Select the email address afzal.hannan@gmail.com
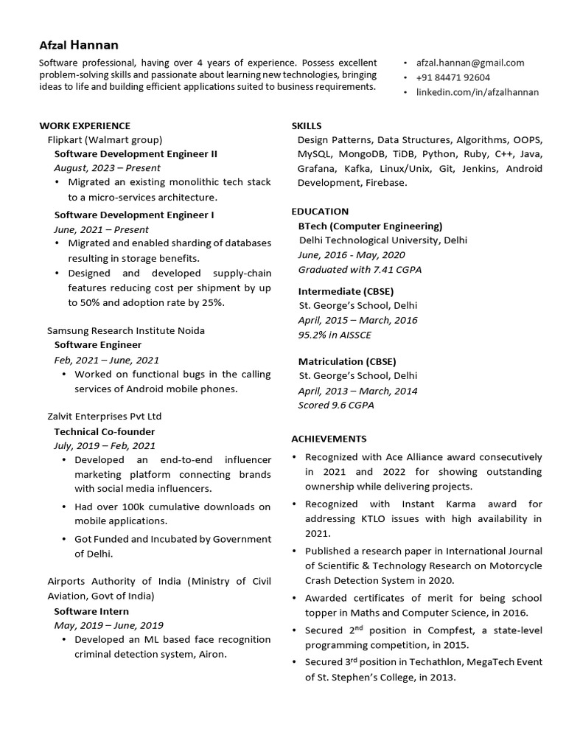click(x=470, y=63)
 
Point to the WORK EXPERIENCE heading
click(x=85, y=125)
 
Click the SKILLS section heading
click(x=307, y=125)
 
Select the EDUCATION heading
click(x=320, y=212)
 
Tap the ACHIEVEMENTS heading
click(x=329, y=439)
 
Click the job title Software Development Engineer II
click(x=136, y=154)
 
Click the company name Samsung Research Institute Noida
click(x=126, y=330)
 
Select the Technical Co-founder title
click(x=105, y=431)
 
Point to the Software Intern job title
click(x=91, y=611)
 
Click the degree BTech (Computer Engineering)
click(x=370, y=226)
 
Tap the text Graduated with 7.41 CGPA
click(x=360, y=270)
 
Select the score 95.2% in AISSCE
click(x=335, y=335)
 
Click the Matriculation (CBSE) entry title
click(x=347, y=361)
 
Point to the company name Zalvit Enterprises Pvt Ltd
click(x=104, y=417)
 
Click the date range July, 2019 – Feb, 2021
click(x=105, y=445)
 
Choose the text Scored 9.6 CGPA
click(x=336, y=405)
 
